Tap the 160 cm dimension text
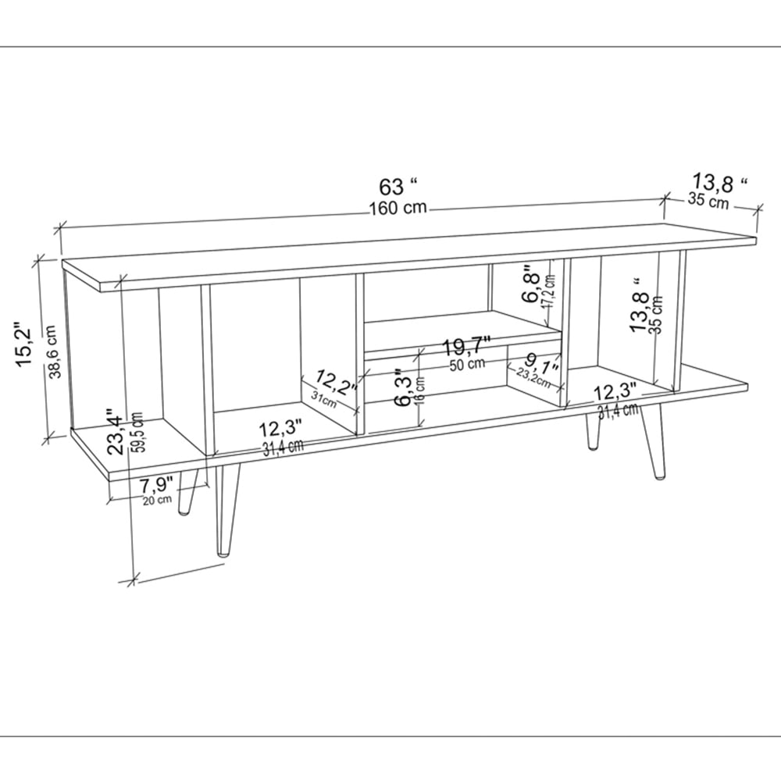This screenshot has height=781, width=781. [x=398, y=209]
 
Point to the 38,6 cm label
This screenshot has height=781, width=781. [x=52, y=352]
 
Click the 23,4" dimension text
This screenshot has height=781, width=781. [x=115, y=431]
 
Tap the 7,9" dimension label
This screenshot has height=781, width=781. [x=155, y=486]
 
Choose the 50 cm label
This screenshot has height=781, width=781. [x=466, y=363]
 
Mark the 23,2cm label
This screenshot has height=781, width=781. [x=538, y=379]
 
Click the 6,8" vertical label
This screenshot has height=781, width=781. [x=532, y=287]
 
